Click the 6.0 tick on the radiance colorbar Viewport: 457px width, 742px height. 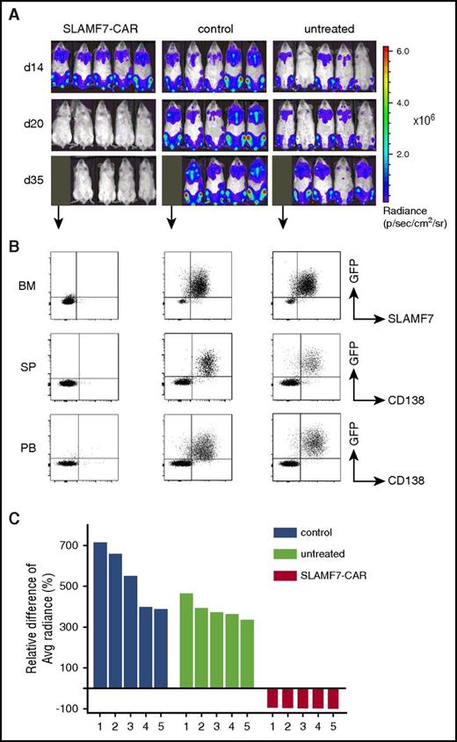coord(400,52)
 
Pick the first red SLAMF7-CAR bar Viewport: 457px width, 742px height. coord(272,698)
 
